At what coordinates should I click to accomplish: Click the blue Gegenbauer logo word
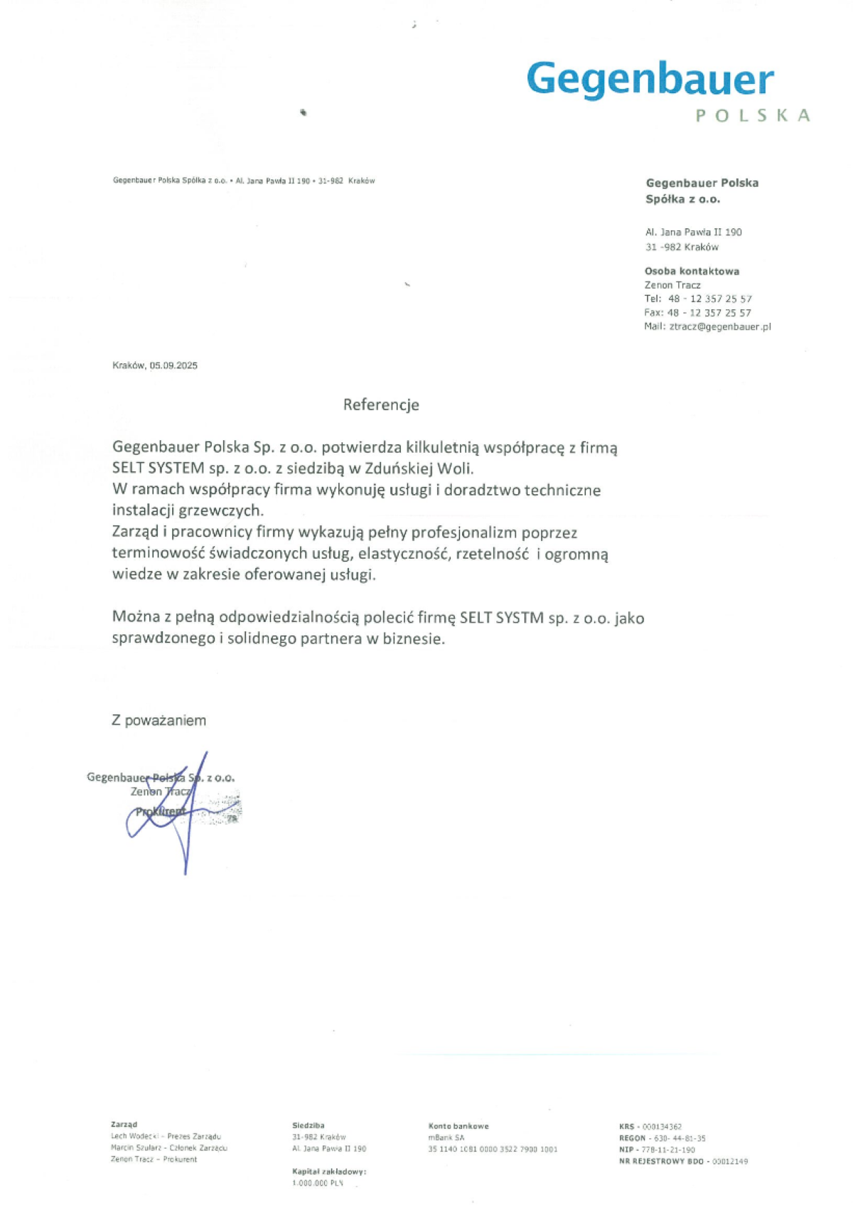pos(650,79)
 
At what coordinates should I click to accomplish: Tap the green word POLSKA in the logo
pos(753,116)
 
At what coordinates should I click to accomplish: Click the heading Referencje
pos(381,405)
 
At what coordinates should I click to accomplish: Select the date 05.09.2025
pos(173,365)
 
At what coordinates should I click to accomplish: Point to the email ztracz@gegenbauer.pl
pos(720,326)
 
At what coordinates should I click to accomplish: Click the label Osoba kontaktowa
pos(692,271)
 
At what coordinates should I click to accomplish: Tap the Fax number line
pos(697,313)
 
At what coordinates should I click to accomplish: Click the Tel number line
pos(697,299)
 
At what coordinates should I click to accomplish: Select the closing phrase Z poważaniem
pos(159,720)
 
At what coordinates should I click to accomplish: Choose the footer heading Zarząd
pos(124,1124)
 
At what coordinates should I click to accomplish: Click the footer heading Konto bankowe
pos(458,1125)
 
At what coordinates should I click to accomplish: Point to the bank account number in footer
pos(493,1149)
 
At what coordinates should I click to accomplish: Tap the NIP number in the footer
pos(668,1150)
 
